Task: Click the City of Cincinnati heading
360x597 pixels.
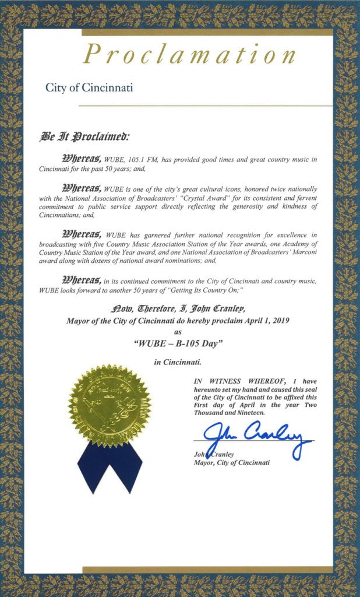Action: [x=89, y=87]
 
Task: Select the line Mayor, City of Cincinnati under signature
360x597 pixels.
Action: [x=231, y=463]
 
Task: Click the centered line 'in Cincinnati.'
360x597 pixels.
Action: [x=178, y=362]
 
